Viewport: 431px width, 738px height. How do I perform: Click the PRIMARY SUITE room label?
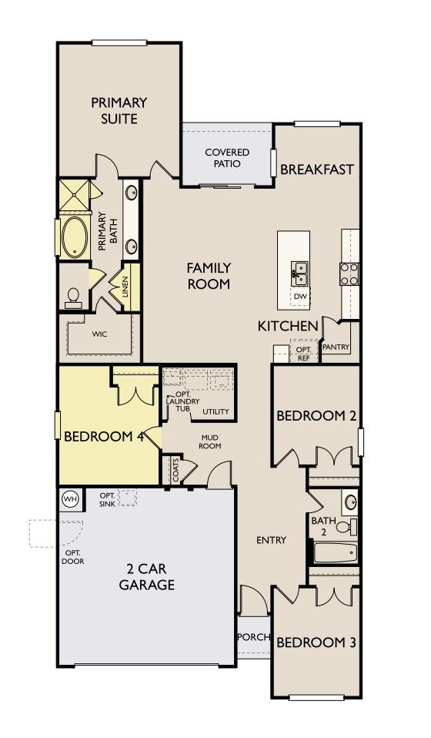[x=119, y=110]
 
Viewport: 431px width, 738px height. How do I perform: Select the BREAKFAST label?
[x=316, y=169]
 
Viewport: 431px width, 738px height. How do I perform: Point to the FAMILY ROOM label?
[x=209, y=276]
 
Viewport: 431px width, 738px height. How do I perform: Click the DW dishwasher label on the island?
[x=299, y=296]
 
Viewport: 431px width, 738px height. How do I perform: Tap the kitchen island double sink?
[x=299, y=270]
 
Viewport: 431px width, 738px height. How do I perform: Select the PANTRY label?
[x=336, y=347]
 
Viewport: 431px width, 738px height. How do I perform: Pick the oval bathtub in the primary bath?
[x=74, y=237]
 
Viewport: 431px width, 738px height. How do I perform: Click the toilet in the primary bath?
[x=73, y=297]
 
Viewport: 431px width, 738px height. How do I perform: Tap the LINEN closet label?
[x=125, y=286]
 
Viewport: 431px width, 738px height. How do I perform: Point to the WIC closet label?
[x=99, y=334]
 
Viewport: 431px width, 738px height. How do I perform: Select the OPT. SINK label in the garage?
[x=108, y=499]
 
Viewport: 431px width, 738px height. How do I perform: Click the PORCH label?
[x=253, y=637]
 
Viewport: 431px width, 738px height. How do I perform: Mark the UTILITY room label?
[x=215, y=412]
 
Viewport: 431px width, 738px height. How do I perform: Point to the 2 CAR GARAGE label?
[x=146, y=577]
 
